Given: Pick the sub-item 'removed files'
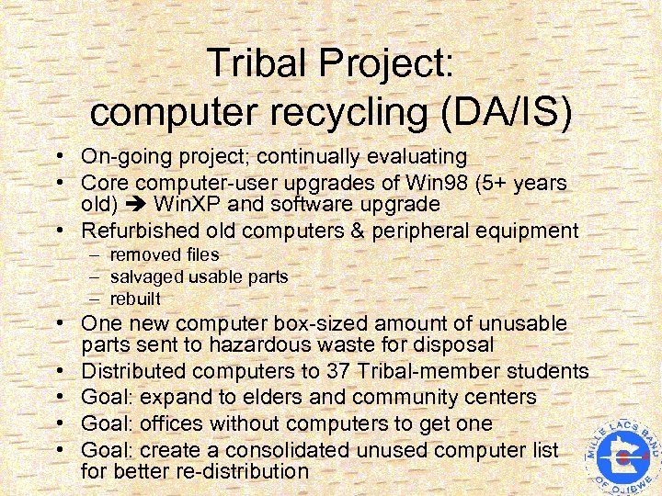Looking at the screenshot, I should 164,254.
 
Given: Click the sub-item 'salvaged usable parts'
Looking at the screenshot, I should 199,276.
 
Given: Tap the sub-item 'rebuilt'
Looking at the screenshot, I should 135,299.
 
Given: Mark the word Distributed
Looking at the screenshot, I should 136,371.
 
